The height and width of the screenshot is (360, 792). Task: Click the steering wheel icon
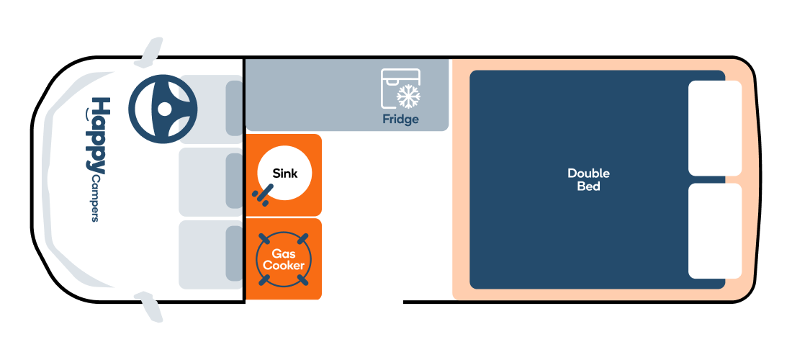point(163,109)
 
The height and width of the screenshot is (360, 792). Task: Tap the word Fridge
point(400,120)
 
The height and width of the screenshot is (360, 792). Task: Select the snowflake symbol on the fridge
point(409,96)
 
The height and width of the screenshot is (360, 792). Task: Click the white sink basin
point(284,174)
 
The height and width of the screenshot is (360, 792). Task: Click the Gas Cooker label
point(284,259)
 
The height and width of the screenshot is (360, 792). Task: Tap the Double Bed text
point(588,180)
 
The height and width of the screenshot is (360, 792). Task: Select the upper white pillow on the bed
point(715,128)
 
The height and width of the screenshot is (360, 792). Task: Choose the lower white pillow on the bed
point(715,230)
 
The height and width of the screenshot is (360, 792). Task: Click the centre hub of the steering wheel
point(164,109)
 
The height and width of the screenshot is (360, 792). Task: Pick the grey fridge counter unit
point(347,95)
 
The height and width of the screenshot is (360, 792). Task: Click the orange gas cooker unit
point(284,259)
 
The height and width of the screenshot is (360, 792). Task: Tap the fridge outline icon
point(400,89)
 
